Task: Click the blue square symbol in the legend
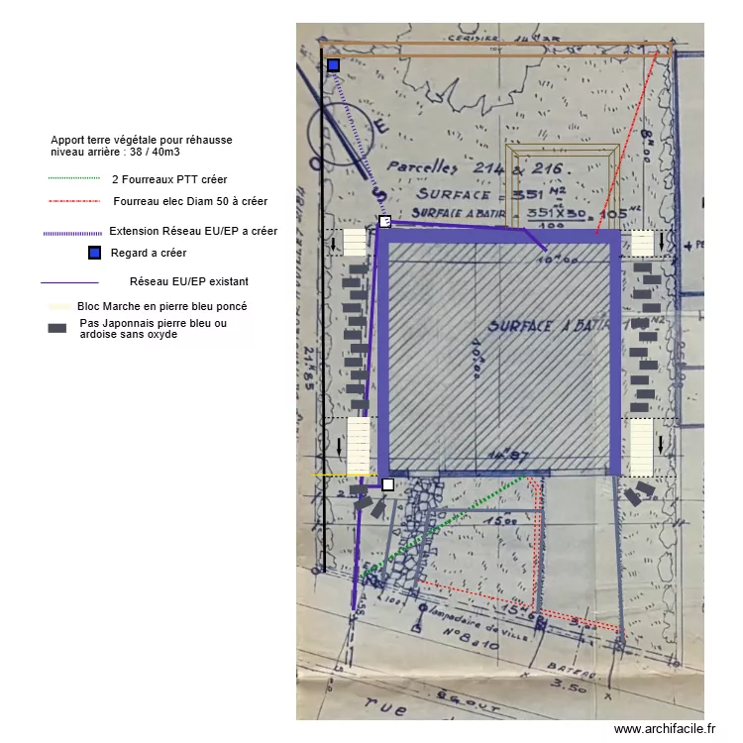[94, 253]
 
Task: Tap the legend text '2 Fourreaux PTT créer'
[169, 179]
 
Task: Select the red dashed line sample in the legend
[74, 201]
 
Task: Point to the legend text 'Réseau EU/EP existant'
[188, 281]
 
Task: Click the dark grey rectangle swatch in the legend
[57, 328]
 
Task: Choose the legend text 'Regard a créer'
[149, 253]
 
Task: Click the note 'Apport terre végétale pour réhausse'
[141, 141]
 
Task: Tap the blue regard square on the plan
[334, 65]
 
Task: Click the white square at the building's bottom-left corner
[387, 484]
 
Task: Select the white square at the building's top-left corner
[385, 222]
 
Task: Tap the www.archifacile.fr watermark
[664, 729]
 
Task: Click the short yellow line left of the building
[342, 476]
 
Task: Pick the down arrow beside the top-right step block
[661, 242]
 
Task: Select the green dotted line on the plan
[446, 525]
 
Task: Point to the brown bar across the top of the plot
[495, 48]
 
